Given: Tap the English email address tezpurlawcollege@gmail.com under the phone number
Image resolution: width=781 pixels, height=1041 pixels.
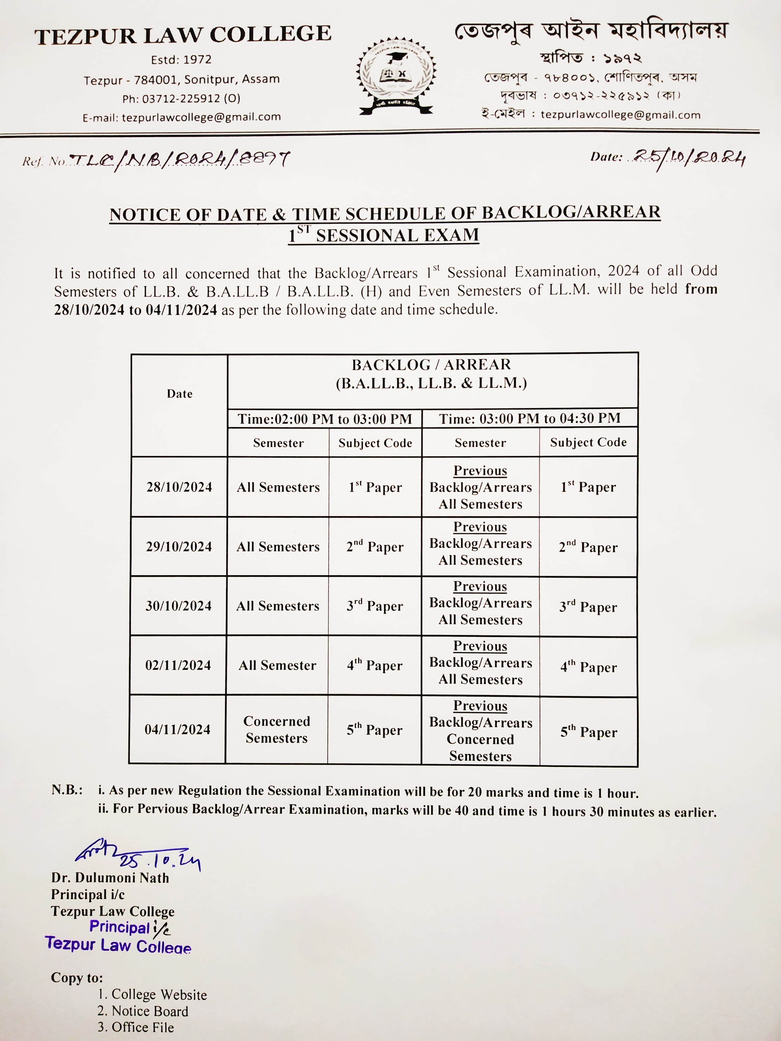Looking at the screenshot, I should click(x=182, y=117).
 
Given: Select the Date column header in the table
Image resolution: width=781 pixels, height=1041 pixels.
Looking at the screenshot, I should click(x=179, y=394).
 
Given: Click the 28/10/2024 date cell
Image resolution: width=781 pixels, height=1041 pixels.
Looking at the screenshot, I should click(x=179, y=487).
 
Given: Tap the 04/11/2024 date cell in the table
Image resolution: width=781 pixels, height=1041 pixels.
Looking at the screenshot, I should click(x=178, y=729).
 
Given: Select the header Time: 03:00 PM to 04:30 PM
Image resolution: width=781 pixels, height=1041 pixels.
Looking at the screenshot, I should click(x=530, y=418).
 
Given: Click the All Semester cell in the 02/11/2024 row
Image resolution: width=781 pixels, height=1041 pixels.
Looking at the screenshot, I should click(x=277, y=665).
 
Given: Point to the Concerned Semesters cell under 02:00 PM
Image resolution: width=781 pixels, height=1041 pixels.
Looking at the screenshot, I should click(x=277, y=729).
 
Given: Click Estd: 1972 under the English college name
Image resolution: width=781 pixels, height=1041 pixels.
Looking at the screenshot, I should click(x=181, y=60).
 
